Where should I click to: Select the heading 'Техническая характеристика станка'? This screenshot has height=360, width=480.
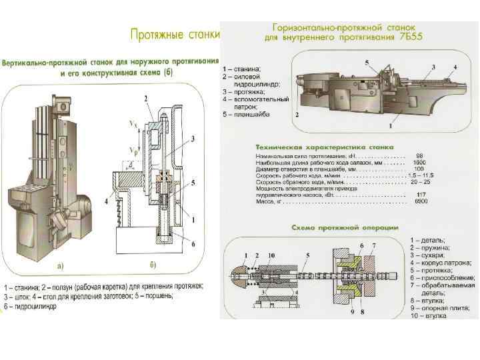pyautogui.click(x=324, y=147)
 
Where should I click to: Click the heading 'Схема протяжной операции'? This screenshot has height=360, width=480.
pyautogui.click(x=345, y=228)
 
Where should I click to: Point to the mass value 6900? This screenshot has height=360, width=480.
pyautogui.click(x=421, y=201)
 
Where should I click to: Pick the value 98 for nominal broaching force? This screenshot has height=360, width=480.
pyautogui.click(x=419, y=155)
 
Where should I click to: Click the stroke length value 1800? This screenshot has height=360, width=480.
pyautogui.click(x=419, y=162)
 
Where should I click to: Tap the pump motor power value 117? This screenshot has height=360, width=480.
pyautogui.click(x=421, y=195)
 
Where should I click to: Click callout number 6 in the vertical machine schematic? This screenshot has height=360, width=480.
pyautogui.click(x=193, y=245)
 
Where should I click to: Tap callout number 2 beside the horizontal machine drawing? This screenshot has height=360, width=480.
pyautogui.click(x=297, y=114)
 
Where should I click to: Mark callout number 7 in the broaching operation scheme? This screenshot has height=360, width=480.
pyautogui.click(x=373, y=246)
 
